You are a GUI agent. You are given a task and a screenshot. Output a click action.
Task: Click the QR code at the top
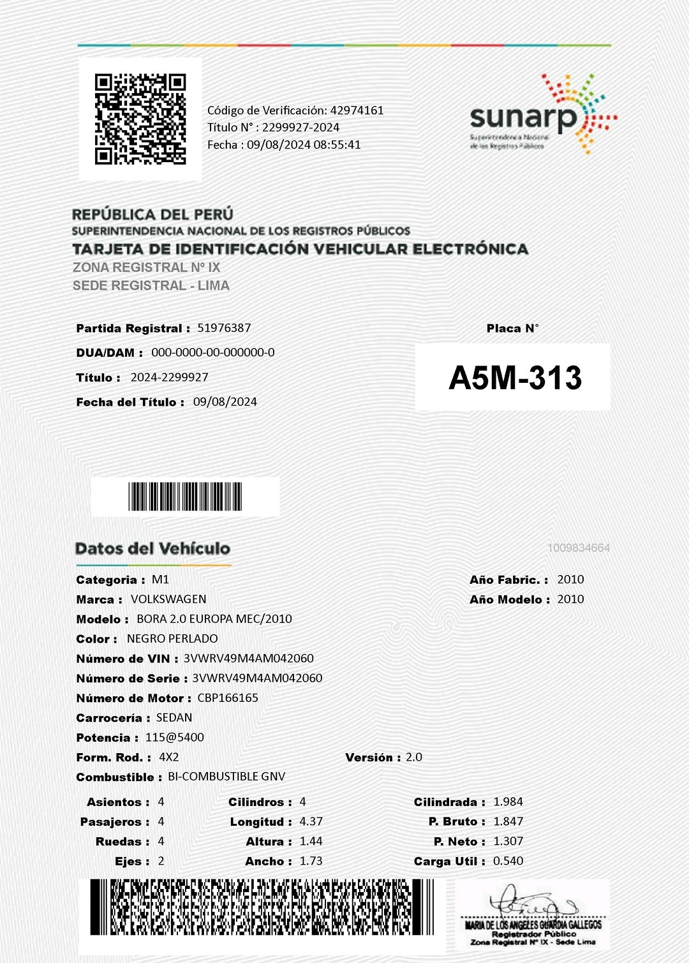[x=140, y=119]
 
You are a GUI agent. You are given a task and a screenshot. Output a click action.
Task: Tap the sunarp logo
[x=542, y=115]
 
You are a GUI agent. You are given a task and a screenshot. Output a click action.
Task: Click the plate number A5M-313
[x=515, y=377]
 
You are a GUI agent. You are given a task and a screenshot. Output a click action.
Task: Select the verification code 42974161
[x=357, y=110]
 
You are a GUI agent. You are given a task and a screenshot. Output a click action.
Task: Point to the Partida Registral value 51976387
[x=224, y=328]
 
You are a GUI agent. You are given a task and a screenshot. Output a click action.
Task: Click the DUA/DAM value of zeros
[x=213, y=352]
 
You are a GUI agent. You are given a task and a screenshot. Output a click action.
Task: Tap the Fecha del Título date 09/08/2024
[x=225, y=402]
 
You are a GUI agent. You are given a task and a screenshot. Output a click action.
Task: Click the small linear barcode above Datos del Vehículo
[x=185, y=496]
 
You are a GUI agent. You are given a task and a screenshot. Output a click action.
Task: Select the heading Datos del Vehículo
[x=152, y=549]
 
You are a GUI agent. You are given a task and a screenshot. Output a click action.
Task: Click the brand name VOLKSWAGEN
[x=168, y=599]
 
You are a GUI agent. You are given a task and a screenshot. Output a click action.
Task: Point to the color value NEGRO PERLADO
[x=172, y=639]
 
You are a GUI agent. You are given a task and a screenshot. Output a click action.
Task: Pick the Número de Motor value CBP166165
[x=228, y=698]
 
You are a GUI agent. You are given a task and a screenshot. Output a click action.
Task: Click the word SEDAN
[x=174, y=718]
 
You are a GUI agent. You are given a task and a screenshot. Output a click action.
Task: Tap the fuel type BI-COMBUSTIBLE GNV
[x=226, y=777]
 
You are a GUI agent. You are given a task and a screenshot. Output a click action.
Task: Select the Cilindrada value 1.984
[x=508, y=802]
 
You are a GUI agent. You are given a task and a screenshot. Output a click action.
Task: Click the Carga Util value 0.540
[x=508, y=861]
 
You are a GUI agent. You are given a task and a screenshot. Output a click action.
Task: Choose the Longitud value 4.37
[x=311, y=822]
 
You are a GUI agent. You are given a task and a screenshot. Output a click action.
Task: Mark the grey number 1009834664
[x=578, y=548]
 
